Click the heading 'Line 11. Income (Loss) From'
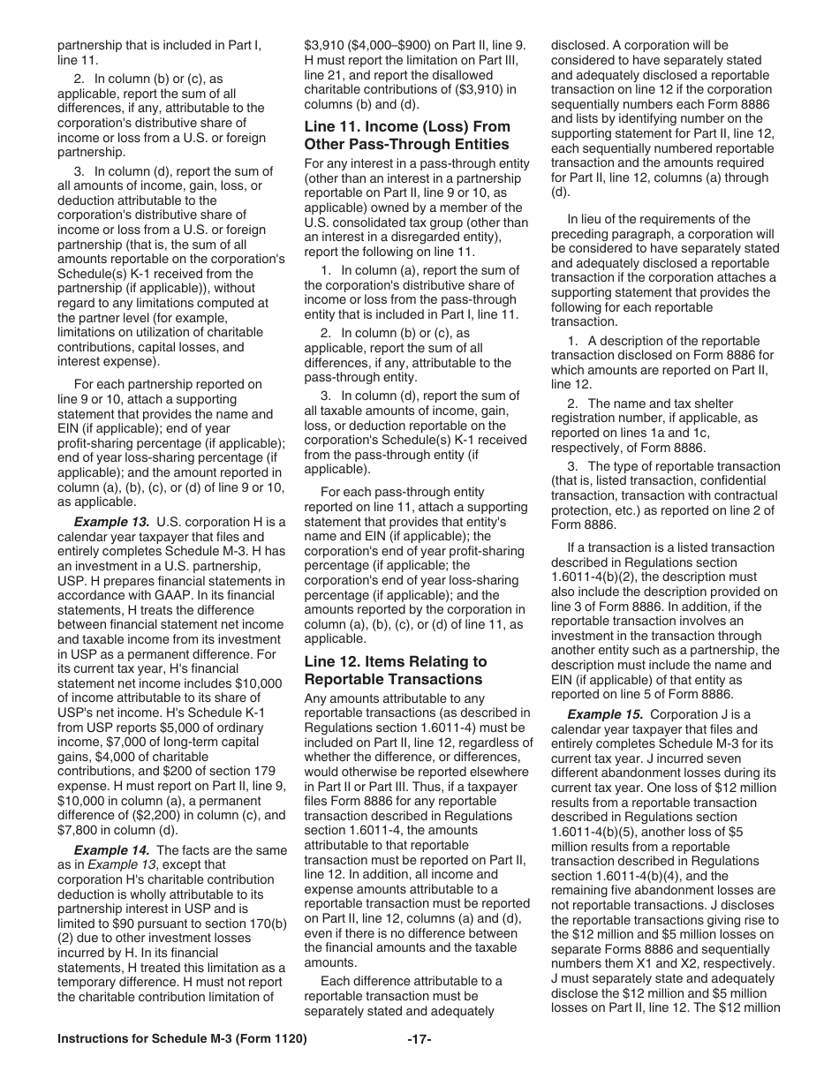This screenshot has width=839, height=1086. click(x=407, y=127)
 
